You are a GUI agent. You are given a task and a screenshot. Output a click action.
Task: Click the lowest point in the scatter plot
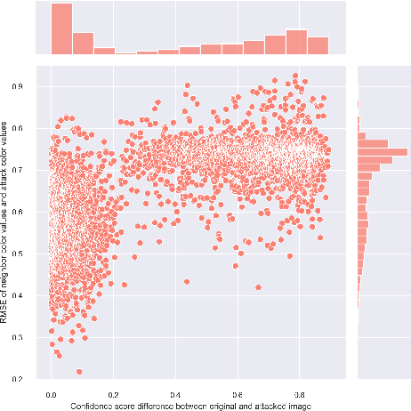click(79, 372)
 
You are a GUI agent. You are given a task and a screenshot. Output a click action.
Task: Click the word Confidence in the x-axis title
click(90, 405)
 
